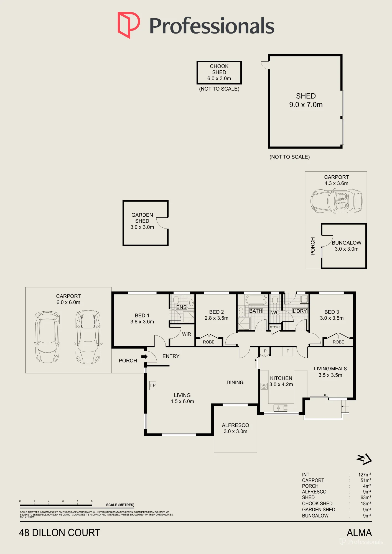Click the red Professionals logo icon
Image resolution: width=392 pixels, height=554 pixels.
pyautogui.click(x=129, y=25)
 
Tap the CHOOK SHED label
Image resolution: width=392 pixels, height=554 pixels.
pyautogui.click(x=219, y=69)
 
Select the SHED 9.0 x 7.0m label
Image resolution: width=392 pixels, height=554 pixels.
pyautogui.click(x=306, y=100)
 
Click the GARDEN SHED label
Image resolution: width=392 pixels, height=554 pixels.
pyautogui.click(x=142, y=218)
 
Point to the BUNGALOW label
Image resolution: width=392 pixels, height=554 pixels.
pyautogui.click(x=347, y=243)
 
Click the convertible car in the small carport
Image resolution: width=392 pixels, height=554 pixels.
pyautogui.click(x=336, y=201)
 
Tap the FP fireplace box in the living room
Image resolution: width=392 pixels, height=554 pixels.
pyautogui.click(x=153, y=385)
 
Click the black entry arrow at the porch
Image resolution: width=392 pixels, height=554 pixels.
pyautogui.click(x=144, y=356)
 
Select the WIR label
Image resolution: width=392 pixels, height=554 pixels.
pyautogui.click(x=187, y=334)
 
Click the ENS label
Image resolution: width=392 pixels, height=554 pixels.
pyautogui.click(x=181, y=307)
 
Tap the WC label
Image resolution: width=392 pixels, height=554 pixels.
pyautogui.click(x=275, y=313)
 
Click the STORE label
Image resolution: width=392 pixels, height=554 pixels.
pyautogui.click(x=275, y=327)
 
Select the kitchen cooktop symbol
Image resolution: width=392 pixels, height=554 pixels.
pyautogui.click(x=264, y=386)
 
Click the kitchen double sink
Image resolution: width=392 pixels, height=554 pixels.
pyautogui.click(x=281, y=408)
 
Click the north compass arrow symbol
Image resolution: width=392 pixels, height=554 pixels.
pyautogui.click(x=364, y=459)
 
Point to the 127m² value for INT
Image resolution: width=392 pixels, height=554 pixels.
pyautogui.click(x=365, y=475)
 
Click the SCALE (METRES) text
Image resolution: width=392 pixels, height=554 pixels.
pyautogui.click(x=120, y=505)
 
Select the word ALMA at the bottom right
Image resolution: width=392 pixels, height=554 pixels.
pyautogui.click(x=359, y=533)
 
